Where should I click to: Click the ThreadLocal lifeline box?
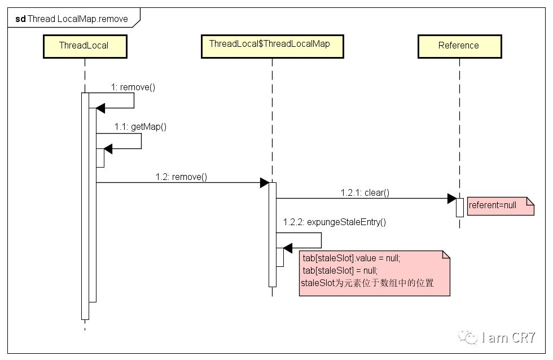tap(84, 46)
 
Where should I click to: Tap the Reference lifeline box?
tap(459, 46)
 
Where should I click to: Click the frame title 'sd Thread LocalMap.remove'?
tap(72, 19)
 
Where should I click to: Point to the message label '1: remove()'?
tap(133, 87)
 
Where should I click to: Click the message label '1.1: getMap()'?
tap(141, 127)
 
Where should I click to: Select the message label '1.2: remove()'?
tap(181, 177)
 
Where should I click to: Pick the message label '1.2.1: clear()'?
tap(365, 192)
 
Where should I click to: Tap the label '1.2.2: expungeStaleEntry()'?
tap(335, 222)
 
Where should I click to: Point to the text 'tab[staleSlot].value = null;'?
tap(352, 258)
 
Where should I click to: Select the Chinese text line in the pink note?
tap(367, 283)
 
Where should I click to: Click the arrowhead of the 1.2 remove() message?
tap(264, 183)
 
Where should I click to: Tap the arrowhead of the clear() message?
tap(451, 199)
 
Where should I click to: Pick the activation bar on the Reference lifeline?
tap(459, 207)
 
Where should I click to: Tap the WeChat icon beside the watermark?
tap(468, 337)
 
